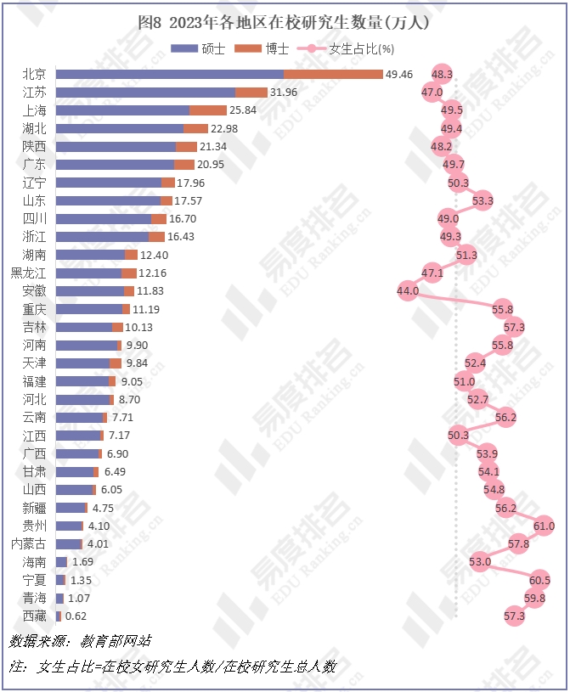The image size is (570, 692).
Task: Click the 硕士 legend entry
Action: (x=202, y=48)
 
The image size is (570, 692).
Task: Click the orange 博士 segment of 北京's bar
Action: (x=333, y=75)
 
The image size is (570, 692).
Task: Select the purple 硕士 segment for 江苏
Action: (x=145, y=93)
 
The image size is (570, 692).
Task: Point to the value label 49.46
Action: (x=399, y=75)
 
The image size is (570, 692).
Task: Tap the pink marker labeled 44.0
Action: (x=408, y=290)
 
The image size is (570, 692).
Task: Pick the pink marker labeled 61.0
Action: (x=544, y=526)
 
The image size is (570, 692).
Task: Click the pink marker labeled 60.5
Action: (x=539, y=581)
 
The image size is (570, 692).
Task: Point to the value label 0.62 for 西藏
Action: (x=76, y=616)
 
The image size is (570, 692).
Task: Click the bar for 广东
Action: (x=125, y=164)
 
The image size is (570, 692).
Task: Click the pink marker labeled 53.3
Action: (x=483, y=200)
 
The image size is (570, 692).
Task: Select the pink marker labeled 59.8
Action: (x=535, y=599)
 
